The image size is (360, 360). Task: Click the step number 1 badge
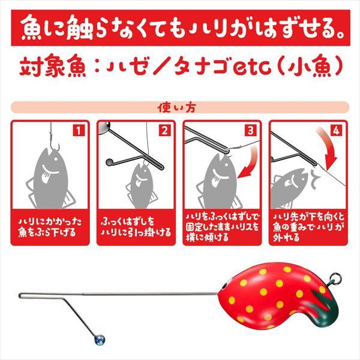click(x=79, y=131)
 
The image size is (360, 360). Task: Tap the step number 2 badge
click(x=165, y=131)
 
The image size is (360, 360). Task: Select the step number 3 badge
click(x=251, y=131)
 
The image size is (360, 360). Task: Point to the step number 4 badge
click(x=337, y=131)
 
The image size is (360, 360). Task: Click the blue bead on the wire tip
click(x=100, y=340)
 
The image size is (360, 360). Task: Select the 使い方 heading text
click(x=176, y=108)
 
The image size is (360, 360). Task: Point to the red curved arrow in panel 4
click(x=329, y=147)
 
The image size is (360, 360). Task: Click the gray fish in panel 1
click(x=50, y=179)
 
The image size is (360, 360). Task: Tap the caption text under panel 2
click(x=136, y=227)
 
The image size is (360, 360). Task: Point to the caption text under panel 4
click(x=308, y=227)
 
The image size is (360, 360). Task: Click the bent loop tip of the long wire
click(x=20, y=295)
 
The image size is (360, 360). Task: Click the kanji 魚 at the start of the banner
click(x=32, y=28)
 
